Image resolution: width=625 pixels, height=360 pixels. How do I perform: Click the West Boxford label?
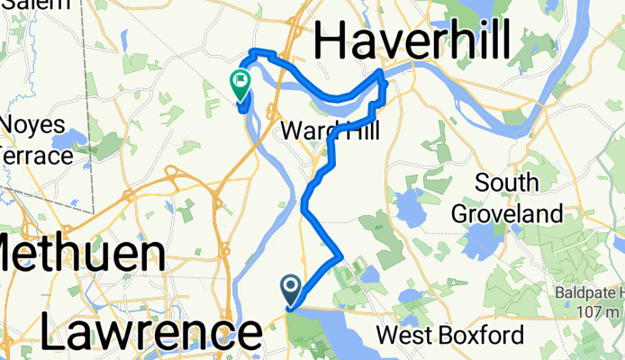pos(449,336)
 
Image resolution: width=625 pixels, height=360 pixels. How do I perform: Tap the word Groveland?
pos(507,213)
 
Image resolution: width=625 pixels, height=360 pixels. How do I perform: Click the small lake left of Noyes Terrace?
pos(68,140)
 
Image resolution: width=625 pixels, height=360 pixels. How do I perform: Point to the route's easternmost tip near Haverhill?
pos(386,85)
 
